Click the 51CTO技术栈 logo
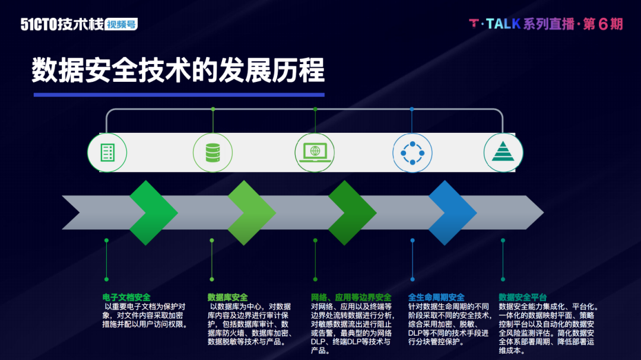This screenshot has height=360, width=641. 62,24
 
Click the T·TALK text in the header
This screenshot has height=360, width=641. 494,24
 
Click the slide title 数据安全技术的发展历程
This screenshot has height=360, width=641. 178,70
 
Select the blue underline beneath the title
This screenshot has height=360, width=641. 179,94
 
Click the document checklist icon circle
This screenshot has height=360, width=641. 107,152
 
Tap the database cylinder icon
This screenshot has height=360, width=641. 212,152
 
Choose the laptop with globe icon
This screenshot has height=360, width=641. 315,152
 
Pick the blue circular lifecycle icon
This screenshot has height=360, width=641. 412,152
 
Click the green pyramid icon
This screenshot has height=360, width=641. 503,152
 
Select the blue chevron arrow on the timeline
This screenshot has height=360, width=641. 453,212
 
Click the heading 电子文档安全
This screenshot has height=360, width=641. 126,297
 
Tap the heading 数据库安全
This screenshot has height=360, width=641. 227,297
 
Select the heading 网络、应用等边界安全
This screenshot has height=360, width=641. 351,297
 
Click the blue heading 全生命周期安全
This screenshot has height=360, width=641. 436,297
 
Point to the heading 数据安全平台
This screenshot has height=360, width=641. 522,297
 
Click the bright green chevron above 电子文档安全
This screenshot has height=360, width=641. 153,212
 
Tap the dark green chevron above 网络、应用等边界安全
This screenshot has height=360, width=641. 352,212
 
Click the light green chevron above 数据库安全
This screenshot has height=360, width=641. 252,212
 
